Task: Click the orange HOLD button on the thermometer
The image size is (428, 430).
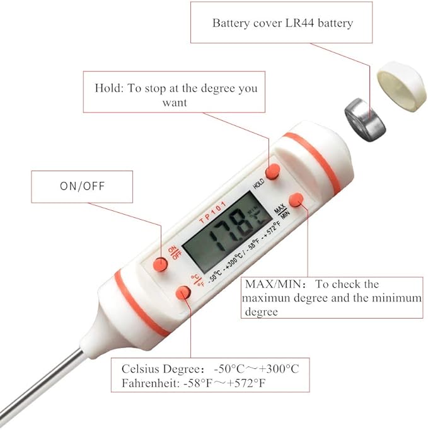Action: pos(273,171)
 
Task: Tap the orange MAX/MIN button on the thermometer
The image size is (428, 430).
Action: pos(296,200)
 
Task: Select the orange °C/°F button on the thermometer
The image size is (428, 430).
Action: pos(183,293)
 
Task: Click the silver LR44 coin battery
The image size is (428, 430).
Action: pos(365,120)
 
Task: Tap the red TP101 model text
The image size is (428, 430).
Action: pos(212,212)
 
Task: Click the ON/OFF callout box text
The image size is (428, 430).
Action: pos(83,186)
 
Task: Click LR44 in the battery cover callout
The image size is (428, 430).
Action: pos(300,23)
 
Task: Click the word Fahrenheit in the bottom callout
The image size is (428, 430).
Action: pos(150,383)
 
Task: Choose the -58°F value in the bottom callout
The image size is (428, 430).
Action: pos(198,383)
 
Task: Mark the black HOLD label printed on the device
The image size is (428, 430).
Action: pos(258,183)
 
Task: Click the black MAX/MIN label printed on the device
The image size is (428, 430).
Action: pos(282,211)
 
